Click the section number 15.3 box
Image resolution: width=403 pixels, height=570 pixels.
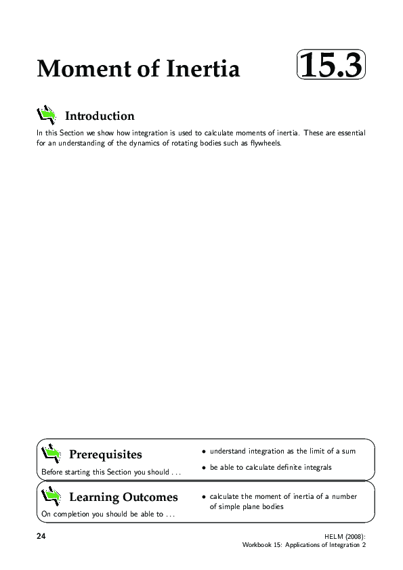[331, 66]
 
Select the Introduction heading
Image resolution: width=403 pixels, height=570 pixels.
[100, 116]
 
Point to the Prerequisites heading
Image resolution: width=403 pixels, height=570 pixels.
[106, 454]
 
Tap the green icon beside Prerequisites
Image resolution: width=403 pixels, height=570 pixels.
[51, 452]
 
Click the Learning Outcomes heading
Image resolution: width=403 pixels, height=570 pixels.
[123, 497]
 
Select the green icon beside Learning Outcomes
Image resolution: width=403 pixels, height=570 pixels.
[51, 496]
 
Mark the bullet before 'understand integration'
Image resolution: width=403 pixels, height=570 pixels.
[203, 452]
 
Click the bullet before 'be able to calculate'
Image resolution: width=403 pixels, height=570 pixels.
[203, 468]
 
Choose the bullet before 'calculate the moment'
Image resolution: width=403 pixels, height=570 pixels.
[203, 497]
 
